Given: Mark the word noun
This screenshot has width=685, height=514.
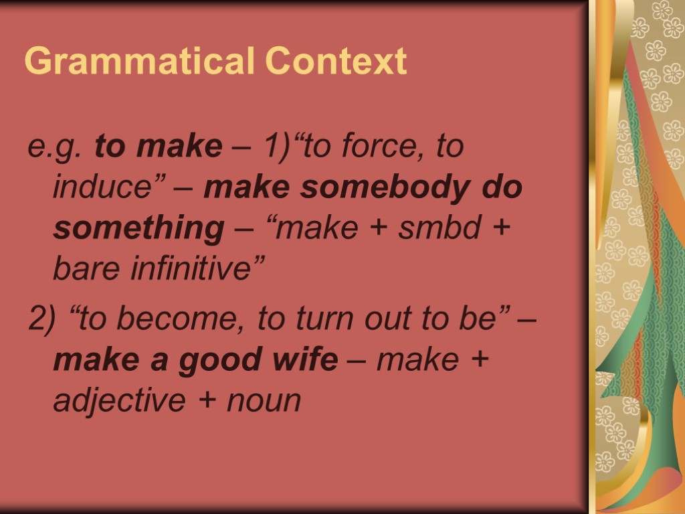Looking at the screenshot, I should tap(264, 402).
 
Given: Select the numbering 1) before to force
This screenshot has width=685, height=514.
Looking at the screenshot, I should tap(279, 147).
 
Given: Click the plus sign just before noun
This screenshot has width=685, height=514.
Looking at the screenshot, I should tap(209, 402).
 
